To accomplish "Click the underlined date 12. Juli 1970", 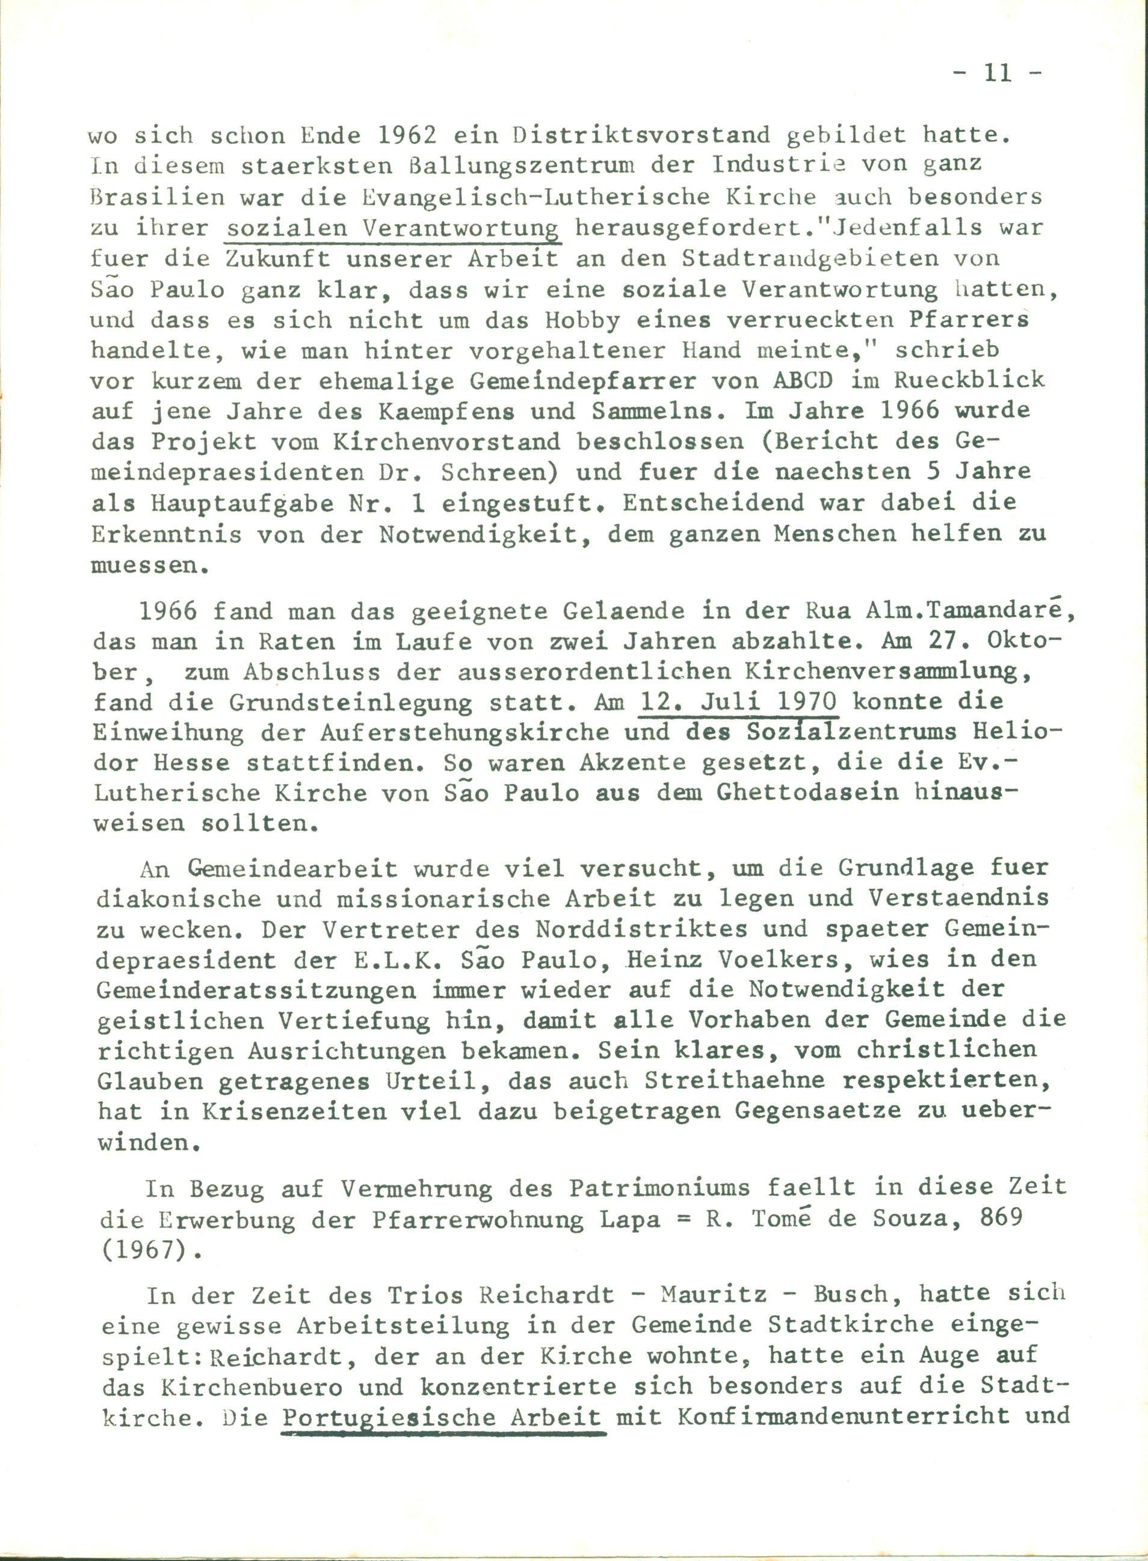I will pos(739,701).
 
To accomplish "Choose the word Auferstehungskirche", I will pos(465,732).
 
